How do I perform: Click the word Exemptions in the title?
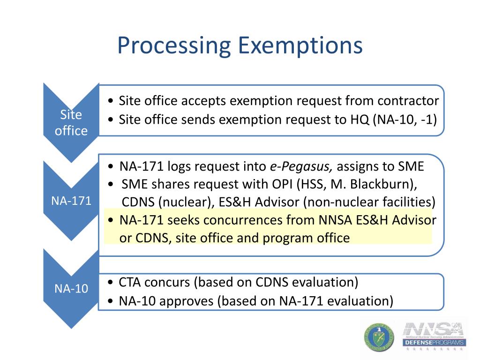click(x=300, y=46)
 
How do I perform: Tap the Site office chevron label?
click(x=71, y=123)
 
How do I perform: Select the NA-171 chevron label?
click(x=71, y=202)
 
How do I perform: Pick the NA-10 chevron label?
click(x=71, y=288)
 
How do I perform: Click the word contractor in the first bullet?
click(x=408, y=101)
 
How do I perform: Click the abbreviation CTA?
click(x=130, y=282)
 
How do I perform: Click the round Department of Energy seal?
click(x=379, y=337)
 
